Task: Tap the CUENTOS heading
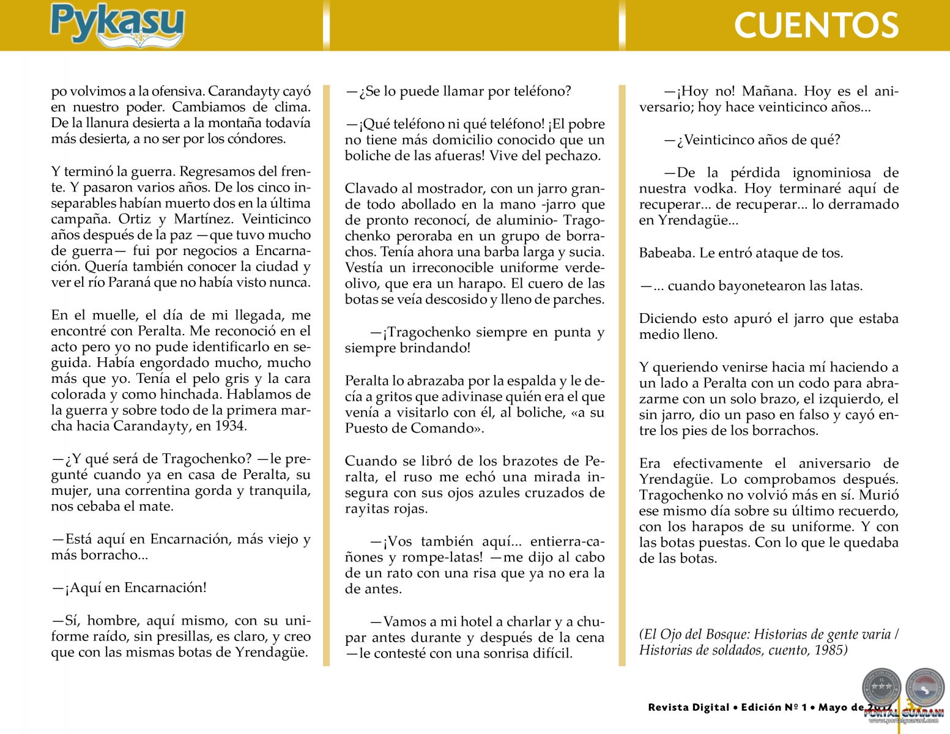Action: coord(815,26)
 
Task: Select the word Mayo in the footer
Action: coord(833,708)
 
